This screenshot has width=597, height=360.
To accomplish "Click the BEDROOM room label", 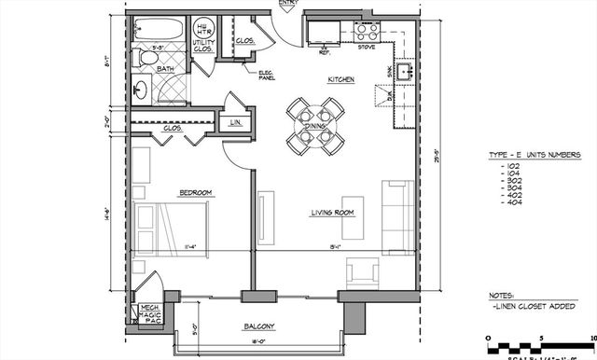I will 196,193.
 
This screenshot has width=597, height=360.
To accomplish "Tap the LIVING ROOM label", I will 336,213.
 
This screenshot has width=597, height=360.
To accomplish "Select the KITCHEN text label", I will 340,81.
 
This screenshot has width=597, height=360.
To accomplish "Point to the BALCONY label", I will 260,326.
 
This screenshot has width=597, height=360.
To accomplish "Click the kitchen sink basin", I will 406,71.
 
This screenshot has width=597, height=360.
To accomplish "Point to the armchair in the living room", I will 361,271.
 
